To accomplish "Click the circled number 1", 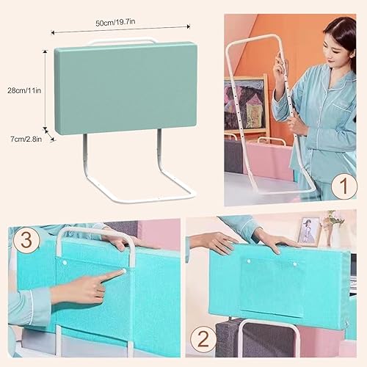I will pos(343,186).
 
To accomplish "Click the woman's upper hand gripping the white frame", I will pos(281,70).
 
